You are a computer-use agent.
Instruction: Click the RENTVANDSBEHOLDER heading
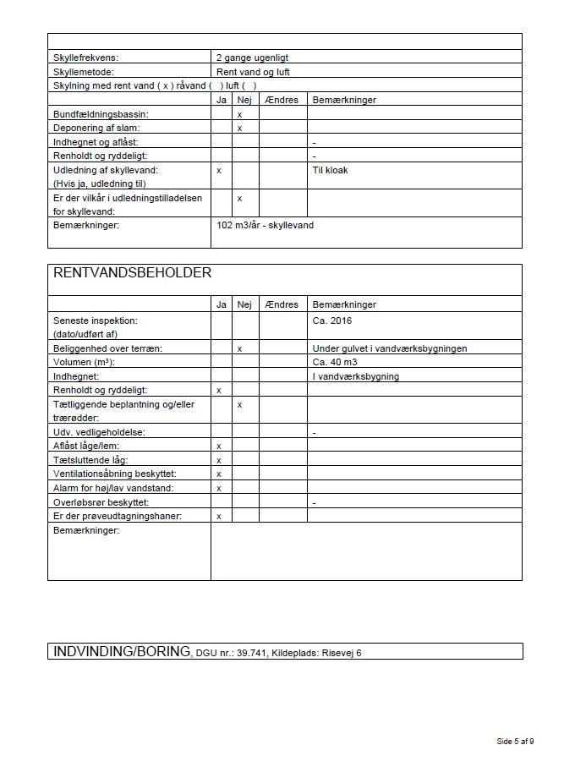point(133,273)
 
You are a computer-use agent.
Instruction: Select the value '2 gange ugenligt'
point(253,58)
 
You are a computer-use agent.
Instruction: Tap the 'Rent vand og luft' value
point(253,72)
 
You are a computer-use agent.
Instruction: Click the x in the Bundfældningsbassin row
point(240,113)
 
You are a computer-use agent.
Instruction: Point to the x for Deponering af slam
point(240,128)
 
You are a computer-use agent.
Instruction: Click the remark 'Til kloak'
point(330,170)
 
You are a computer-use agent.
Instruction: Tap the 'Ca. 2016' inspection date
point(332,320)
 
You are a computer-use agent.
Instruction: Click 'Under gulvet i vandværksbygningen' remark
point(390,348)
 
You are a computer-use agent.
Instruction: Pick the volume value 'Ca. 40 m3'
point(335,362)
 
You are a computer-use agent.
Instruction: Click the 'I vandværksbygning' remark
point(356,376)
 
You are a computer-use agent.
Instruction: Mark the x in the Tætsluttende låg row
point(219,460)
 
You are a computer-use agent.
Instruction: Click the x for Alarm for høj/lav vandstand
point(219,488)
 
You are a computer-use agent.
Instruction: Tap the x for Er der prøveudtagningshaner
point(219,516)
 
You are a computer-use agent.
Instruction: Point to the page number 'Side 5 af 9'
point(515,742)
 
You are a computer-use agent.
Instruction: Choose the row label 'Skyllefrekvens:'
point(86,58)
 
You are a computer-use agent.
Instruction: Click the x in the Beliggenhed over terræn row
point(240,348)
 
